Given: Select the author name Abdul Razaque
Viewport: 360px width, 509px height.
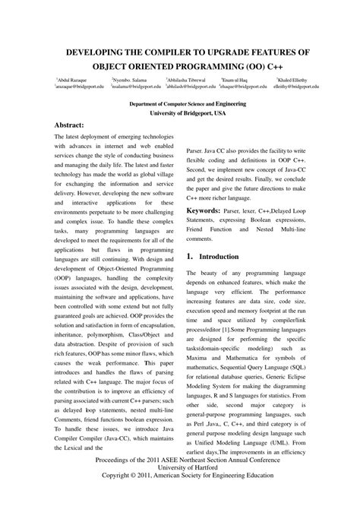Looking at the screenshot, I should point(73,79).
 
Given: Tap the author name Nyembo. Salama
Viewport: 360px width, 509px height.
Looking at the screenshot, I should point(129,79).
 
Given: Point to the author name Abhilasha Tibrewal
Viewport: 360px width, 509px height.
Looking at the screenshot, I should point(186,79).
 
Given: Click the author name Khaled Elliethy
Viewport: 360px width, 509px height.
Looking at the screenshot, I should point(295,79).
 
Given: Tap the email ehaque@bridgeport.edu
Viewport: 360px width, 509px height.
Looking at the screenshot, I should point(244,87).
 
